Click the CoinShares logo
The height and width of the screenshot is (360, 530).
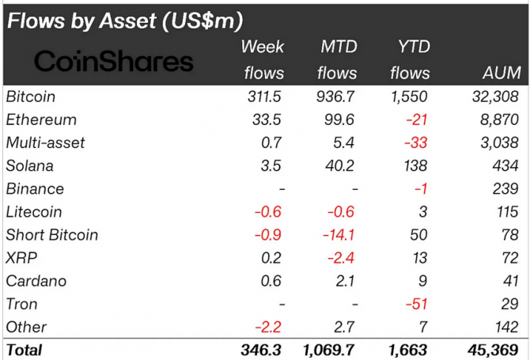(114, 62)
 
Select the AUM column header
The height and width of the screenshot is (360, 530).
(502, 74)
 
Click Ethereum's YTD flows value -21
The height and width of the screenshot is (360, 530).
(416, 120)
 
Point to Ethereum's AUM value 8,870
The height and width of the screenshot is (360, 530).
(501, 120)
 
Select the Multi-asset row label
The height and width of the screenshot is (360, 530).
(45, 143)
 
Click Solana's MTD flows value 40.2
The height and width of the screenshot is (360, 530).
(341, 166)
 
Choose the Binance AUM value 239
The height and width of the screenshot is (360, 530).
(509, 189)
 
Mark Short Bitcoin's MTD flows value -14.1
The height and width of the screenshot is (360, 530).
(338, 235)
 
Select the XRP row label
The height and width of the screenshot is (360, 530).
(21, 258)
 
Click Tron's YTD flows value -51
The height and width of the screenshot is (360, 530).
(416, 304)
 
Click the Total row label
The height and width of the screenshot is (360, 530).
(25, 350)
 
